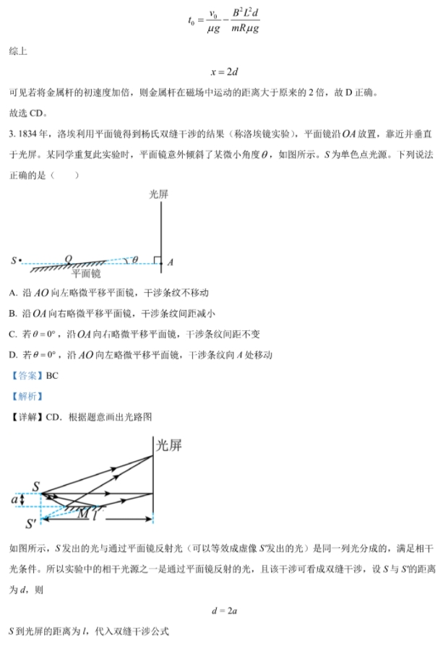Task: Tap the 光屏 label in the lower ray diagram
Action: [x=169, y=445]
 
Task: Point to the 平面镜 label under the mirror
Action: [x=86, y=274]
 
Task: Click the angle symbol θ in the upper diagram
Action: [x=134, y=258]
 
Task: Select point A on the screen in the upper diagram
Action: [x=170, y=262]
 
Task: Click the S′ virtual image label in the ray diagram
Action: [x=31, y=523]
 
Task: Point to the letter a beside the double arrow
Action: [x=14, y=499]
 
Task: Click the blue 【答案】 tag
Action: [x=26, y=376]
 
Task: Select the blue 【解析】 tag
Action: [x=26, y=396]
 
